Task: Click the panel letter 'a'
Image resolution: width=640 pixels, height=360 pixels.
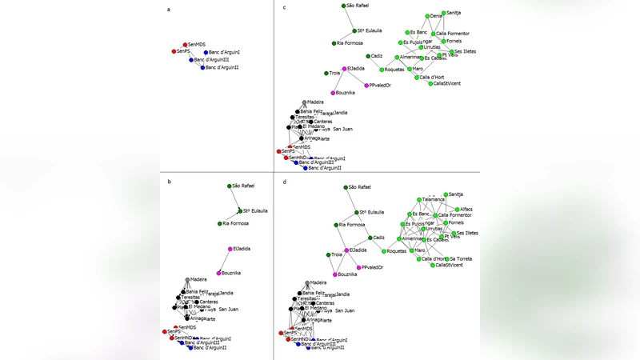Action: point(169,9)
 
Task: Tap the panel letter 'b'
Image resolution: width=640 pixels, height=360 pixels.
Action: point(169,182)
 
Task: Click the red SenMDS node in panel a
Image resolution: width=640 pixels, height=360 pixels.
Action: point(185,45)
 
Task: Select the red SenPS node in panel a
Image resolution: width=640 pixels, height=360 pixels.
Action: point(174,51)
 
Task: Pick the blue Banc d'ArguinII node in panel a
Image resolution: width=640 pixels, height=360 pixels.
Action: point(202,67)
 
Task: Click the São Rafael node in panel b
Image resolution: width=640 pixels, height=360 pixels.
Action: point(229,186)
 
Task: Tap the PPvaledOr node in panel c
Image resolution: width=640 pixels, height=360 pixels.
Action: point(365,86)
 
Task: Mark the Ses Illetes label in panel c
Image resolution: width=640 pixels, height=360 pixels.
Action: point(466,51)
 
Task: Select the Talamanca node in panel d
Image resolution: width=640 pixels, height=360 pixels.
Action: point(418,199)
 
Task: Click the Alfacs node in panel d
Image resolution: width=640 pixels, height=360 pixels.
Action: point(457,210)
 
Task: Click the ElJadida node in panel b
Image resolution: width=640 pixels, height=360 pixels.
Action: point(230,249)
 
